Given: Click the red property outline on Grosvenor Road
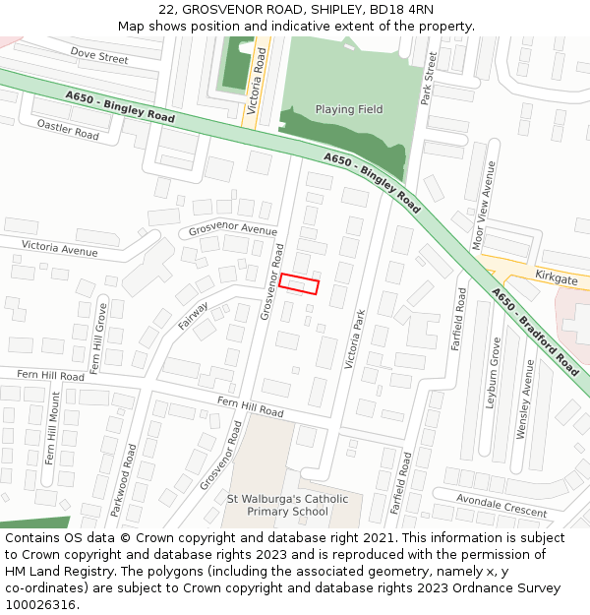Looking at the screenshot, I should (x=299, y=284).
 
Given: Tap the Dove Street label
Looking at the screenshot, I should (x=99, y=57).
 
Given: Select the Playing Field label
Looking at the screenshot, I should (x=349, y=109).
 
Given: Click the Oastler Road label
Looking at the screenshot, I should (x=68, y=129).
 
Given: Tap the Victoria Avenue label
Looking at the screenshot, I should (x=59, y=247).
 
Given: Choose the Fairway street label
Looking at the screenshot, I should (x=193, y=315).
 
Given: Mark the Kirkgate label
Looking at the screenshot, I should (x=557, y=278).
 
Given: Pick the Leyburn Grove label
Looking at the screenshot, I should (x=494, y=373).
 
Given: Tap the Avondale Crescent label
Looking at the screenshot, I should (x=501, y=507).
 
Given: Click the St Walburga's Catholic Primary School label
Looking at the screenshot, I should (x=287, y=505).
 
